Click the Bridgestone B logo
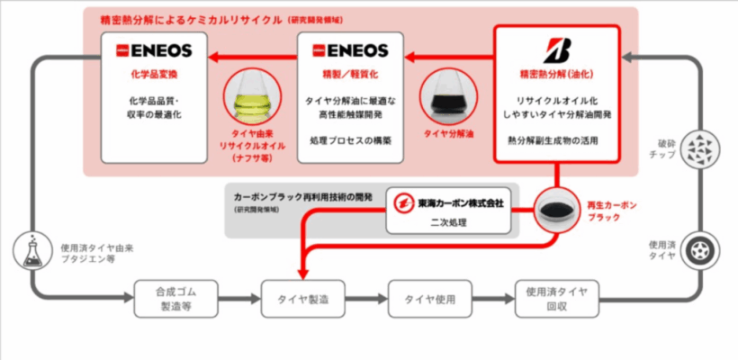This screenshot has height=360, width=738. pyautogui.click(x=555, y=47)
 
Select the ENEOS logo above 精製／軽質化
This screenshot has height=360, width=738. pyautogui.click(x=348, y=50)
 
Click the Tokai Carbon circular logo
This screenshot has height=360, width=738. pyautogui.click(x=402, y=203)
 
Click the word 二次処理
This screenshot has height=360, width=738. pyautogui.click(x=451, y=221)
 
